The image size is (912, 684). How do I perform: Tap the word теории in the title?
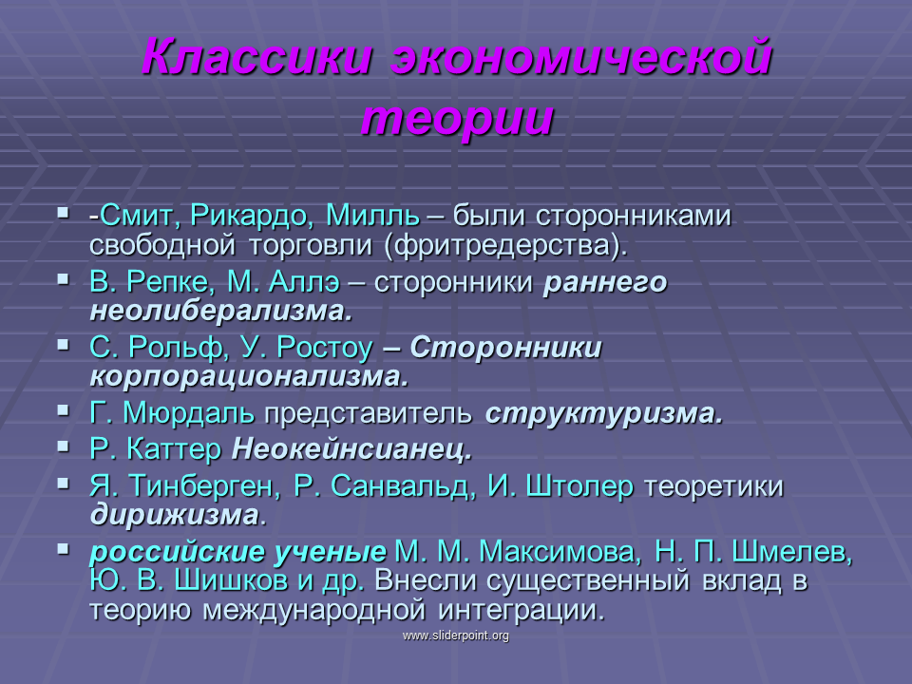click(457, 119)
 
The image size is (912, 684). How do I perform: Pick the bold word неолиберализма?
click(221, 312)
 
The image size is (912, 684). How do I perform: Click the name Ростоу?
click(325, 348)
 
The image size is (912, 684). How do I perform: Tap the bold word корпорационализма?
click(250, 377)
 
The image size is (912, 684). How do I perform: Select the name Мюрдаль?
click(188, 413)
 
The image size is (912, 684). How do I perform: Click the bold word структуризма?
click(604, 414)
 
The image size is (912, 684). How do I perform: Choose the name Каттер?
click(174, 449)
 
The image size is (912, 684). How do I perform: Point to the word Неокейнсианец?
click(351, 449)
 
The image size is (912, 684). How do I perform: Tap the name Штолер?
click(579, 486)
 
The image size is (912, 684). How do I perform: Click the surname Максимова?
click(558, 551)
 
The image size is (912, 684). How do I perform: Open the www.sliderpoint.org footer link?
click(456, 636)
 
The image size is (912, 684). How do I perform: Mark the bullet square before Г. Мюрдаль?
click(64, 411)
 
